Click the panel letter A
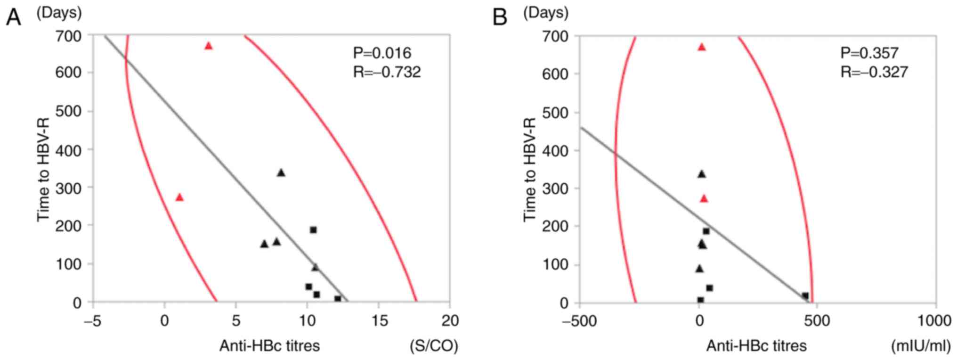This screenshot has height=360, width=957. (x=13, y=18)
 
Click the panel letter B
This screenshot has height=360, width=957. (x=499, y=18)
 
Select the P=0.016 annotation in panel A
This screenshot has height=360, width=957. (x=382, y=53)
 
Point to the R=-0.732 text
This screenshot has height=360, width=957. (x=387, y=72)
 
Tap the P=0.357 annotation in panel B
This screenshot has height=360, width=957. (x=869, y=53)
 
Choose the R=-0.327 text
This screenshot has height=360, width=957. (x=874, y=72)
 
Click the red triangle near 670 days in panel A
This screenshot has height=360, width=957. (x=208, y=46)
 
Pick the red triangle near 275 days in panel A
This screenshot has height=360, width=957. (x=179, y=197)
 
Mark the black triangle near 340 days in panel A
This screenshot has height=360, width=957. (x=281, y=173)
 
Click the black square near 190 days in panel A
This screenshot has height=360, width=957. (x=313, y=230)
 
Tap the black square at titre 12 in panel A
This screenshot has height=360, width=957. (x=338, y=299)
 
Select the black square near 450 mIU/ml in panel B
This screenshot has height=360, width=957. (x=805, y=296)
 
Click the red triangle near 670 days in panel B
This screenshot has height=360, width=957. (x=702, y=47)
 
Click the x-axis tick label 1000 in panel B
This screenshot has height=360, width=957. (x=935, y=321)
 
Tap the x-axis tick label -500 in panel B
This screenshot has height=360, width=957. (x=579, y=321)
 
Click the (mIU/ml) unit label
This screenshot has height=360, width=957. (x=921, y=346)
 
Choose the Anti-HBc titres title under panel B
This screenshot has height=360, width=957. (x=756, y=346)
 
